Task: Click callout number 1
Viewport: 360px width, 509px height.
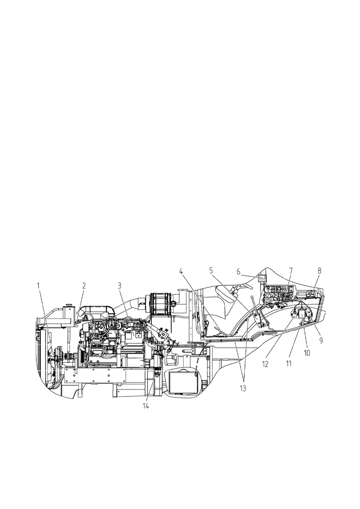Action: click(x=38, y=286)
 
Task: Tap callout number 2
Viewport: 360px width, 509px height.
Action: click(x=84, y=286)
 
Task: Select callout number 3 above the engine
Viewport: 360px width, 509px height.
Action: click(x=119, y=286)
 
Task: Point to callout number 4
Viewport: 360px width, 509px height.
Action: click(x=181, y=271)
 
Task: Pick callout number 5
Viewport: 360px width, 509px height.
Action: click(x=211, y=271)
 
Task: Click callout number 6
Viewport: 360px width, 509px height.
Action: click(x=239, y=272)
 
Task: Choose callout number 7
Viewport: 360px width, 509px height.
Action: click(x=291, y=271)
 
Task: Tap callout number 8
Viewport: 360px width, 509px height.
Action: click(x=319, y=271)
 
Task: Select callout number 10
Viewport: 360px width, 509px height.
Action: click(x=307, y=353)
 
